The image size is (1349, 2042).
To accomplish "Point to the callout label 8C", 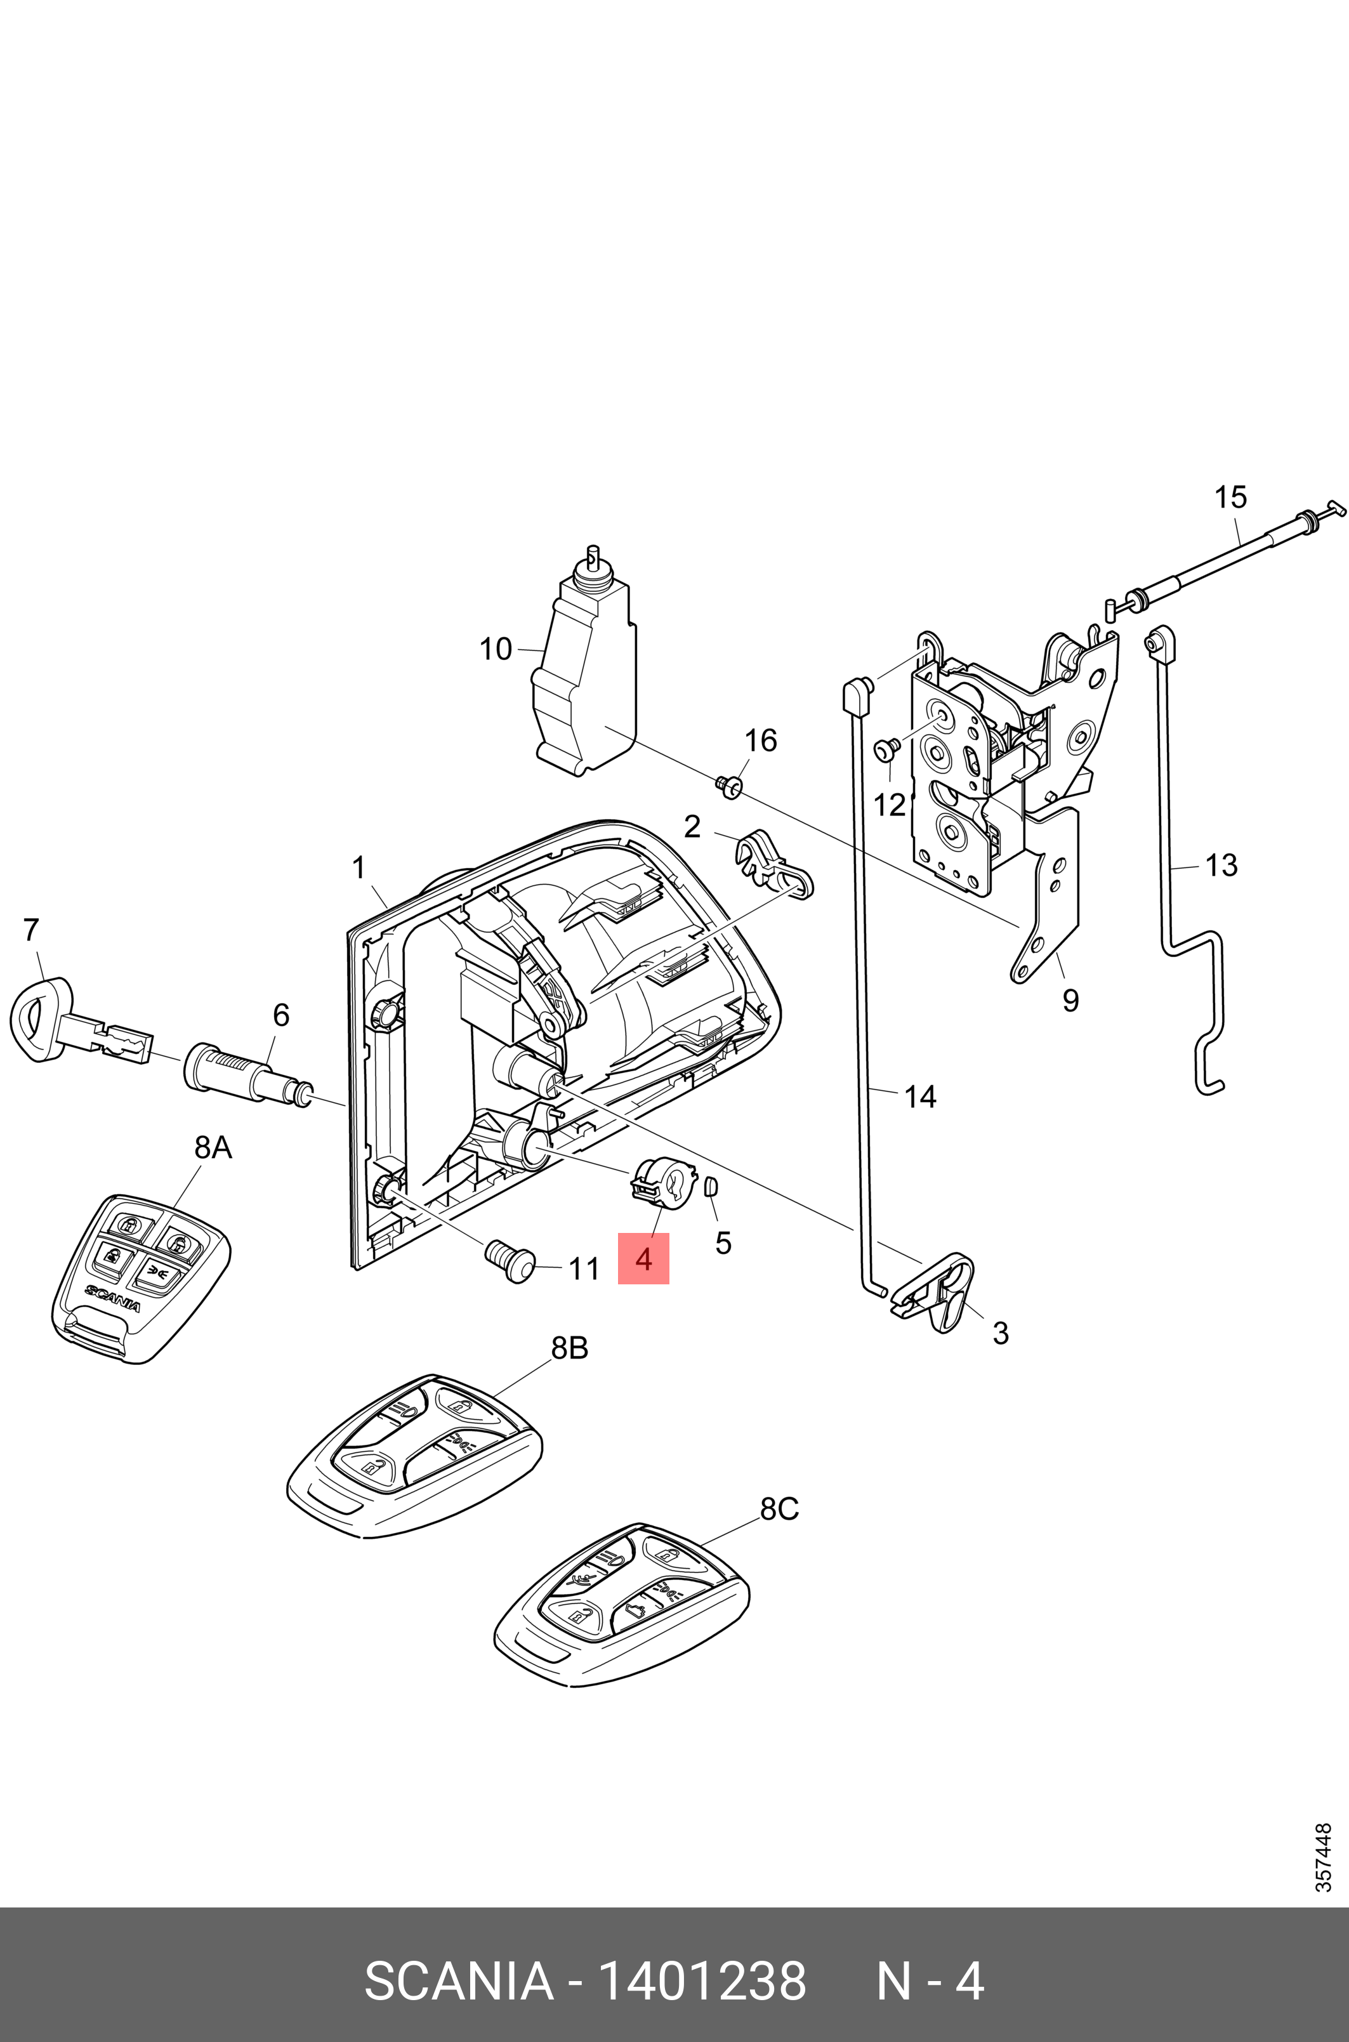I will coord(779,1509).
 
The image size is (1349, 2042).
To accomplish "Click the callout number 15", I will coord(1230,497).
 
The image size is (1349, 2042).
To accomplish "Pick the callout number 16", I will coord(760,740).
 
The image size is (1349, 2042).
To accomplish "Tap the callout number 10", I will coord(496,649).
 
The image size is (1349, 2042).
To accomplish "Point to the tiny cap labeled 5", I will coord(711,1187).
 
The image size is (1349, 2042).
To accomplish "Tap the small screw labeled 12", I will coord(886,750).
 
